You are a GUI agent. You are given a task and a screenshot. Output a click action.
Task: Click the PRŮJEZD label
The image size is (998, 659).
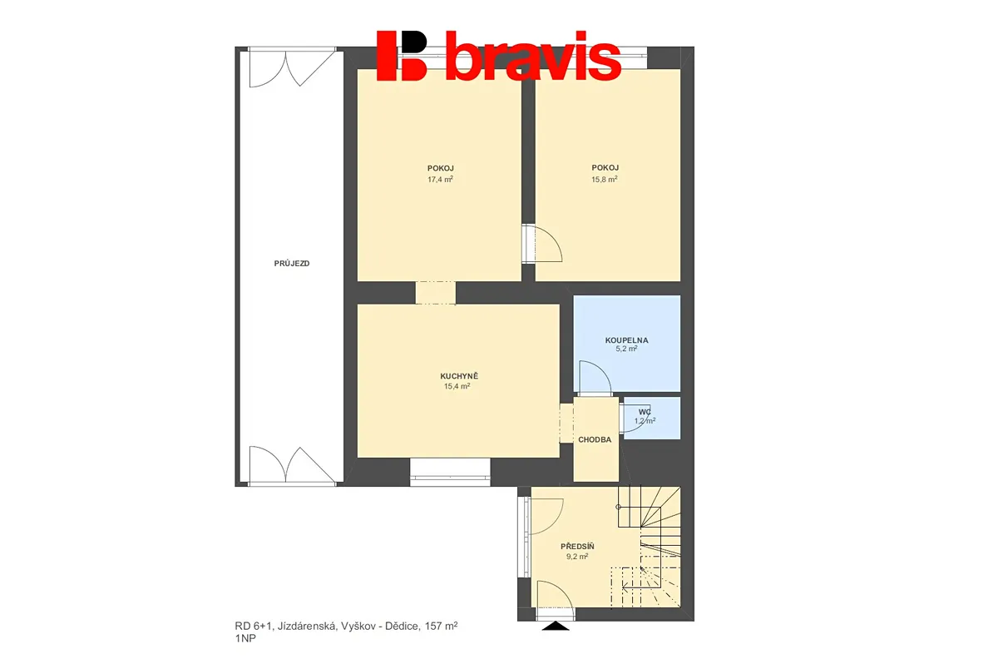pyautogui.click(x=292, y=264)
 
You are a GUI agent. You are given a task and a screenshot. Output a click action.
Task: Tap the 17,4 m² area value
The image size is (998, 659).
pyautogui.click(x=440, y=179)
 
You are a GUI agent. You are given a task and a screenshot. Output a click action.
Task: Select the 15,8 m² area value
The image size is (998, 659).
pyautogui.click(x=604, y=179)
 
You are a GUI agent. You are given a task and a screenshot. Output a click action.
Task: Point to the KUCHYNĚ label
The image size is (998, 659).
pyautogui.click(x=459, y=376)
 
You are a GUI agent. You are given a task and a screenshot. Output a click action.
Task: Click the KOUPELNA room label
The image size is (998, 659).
pyautogui.click(x=626, y=340)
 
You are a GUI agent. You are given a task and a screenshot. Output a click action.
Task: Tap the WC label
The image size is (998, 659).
pyautogui.click(x=645, y=412)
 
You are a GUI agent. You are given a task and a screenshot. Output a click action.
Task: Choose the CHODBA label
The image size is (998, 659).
pyautogui.click(x=595, y=439)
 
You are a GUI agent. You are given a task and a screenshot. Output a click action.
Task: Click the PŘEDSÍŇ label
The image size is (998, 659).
pyautogui.click(x=577, y=546)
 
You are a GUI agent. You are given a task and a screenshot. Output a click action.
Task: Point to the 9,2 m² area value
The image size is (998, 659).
pyautogui.click(x=577, y=557)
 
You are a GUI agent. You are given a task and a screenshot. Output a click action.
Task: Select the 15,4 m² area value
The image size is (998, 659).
pyautogui.click(x=457, y=386)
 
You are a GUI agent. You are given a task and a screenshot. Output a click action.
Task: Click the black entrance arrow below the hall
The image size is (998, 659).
pyautogui.click(x=556, y=626)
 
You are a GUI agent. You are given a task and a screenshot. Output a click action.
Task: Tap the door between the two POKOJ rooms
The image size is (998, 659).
pyautogui.click(x=542, y=244)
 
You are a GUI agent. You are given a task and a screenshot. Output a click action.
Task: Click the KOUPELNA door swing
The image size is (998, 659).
pyautogui.click(x=595, y=378)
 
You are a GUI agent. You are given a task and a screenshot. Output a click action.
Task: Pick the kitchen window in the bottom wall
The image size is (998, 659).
pyautogui.click(x=450, y=472)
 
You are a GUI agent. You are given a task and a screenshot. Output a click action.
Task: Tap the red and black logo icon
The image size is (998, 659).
pyautogui.click(x=402, y=56)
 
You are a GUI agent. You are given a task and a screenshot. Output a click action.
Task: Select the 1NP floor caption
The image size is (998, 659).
pyautogui.click(x=245, y=638)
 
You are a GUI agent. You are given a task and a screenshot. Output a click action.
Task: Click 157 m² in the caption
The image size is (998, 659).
pyautogui.click(x=441, y=626)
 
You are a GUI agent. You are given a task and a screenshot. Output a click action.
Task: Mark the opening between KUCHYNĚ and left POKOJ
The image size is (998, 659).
pyautogui.click(x=435, y=293)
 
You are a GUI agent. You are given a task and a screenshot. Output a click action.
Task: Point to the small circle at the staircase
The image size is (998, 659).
pyautogui.click(x=618, y=507)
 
